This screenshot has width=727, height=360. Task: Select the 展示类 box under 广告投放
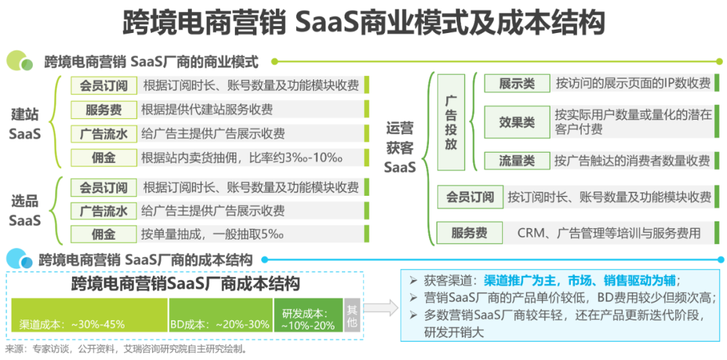point(517,83)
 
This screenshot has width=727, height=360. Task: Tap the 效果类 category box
point(517,122)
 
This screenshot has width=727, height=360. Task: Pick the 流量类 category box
point(517,160)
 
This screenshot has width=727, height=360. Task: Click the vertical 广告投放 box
point(451,122)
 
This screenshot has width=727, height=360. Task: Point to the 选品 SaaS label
point(25,211)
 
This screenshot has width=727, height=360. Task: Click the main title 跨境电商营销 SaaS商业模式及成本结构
point(363,23)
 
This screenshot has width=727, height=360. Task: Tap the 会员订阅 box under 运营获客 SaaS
point(470,197)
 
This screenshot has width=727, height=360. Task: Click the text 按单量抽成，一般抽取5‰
point(213,234)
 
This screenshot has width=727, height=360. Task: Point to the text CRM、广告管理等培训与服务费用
point(609,233)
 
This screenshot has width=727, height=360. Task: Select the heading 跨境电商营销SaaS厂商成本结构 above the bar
point(186,283)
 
